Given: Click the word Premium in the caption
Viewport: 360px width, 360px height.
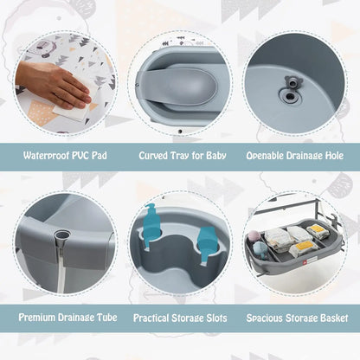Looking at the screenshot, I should click(x=38, y=318).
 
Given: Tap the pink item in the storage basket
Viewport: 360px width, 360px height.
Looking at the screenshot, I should click(x=255, y=236).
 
